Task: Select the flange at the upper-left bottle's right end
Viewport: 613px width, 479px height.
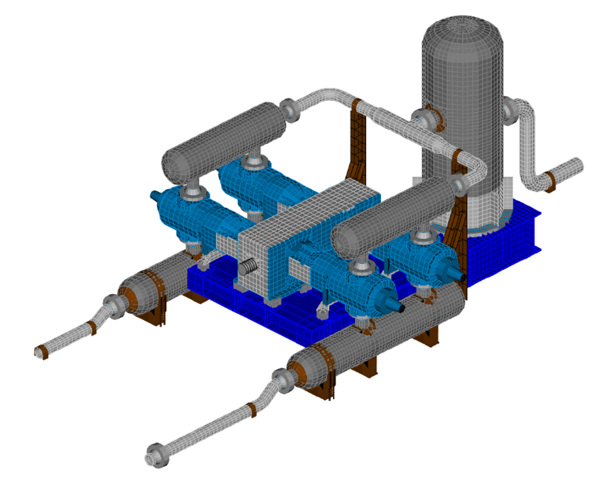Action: coord(289,110)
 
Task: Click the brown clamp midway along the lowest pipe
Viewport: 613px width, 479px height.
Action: coord(251,409)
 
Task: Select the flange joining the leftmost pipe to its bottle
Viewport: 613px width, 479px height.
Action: coord(113,307)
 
